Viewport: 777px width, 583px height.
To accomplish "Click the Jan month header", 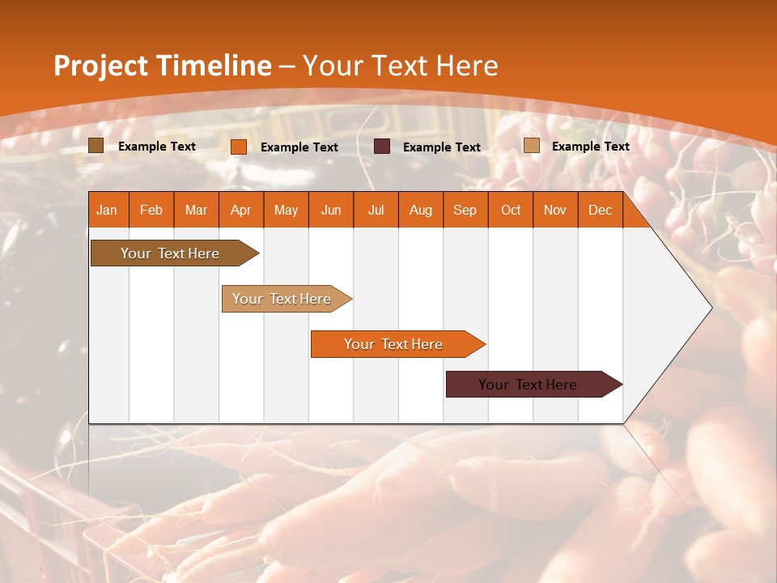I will (x=107, y=210).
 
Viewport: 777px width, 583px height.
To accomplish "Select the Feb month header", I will (x=151, y=210).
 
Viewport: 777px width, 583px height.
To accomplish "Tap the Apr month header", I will (x=240, y=210).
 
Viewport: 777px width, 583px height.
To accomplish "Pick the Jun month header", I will (x=331, y=210).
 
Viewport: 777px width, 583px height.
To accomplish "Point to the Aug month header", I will (x=420, y=210).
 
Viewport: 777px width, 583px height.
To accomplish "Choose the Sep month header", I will (x=465, y=210).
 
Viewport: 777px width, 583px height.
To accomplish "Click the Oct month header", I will (x=511, y=210).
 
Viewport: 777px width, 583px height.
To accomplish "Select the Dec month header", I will (x=600, y=210).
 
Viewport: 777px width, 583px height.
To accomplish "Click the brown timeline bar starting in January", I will (x=170, y=253).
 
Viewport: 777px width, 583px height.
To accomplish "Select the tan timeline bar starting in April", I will (x=282, y=299).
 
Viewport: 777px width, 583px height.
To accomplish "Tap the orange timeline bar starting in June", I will (x=393, y=344).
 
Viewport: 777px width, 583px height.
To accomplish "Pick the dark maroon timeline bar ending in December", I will (x=528, y=385).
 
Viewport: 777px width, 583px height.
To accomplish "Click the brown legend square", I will (x=96, y=146).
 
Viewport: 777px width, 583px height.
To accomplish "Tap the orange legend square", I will (x=239, y=147).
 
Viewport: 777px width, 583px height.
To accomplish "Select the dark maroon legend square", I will (x=382, y=147).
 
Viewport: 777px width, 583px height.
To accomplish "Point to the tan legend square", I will (x=532, y=146).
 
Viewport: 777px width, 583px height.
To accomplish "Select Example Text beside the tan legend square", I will (x=590, y=146).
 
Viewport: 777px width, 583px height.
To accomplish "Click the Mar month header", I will (x=196, y=210).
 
